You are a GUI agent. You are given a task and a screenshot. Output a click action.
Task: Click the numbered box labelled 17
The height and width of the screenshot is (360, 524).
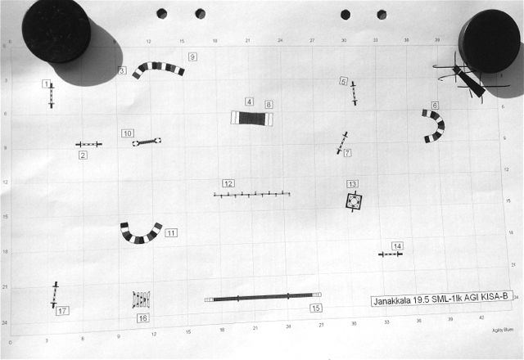pos(62,311)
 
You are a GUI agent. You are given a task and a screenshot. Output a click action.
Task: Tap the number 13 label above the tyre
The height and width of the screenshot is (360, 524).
pos(352,184)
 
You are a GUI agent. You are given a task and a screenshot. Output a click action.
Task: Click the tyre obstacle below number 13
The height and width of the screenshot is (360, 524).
pos(353,200)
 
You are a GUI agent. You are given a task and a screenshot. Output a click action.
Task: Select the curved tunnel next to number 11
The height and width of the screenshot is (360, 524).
pos(140,233)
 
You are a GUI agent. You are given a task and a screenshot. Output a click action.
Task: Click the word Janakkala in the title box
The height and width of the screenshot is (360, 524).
pos(391,301)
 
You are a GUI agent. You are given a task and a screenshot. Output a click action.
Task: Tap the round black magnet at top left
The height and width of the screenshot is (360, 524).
pos(56,30)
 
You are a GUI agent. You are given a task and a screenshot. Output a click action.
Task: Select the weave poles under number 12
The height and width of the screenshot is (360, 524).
pos(251,195)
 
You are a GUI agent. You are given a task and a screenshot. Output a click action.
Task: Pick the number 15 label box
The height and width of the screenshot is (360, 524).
pos(316,308)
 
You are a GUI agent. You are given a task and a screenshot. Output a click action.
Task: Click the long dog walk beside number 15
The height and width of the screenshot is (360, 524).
pos(262,298)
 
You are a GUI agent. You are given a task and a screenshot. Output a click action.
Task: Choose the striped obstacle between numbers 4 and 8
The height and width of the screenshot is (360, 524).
pos(251,118)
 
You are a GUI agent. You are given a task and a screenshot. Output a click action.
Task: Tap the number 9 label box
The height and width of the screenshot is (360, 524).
pos(192,56)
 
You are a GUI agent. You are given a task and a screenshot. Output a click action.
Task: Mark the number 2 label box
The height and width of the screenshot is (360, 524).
pos(83,155)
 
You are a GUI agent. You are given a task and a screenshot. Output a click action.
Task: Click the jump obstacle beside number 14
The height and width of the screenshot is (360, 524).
pos(391,254)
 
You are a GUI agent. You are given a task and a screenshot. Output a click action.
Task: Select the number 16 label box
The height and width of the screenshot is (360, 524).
pos(143,318)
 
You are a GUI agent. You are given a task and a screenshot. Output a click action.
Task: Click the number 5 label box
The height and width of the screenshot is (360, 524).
pos(344,81)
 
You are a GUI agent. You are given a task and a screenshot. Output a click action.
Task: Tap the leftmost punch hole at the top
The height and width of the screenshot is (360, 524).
pos(161,13)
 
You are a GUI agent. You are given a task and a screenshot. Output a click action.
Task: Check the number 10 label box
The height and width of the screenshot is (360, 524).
pos(128,133)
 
